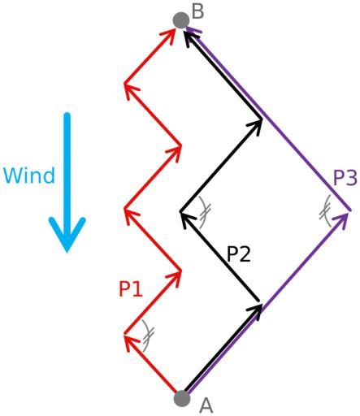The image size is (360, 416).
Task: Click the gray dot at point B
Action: (x=181, y=20)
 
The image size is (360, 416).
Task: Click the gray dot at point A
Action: (x=182, y=398)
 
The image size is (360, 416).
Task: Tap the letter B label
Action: (x=197, y=12)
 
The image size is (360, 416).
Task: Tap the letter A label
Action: (x=206, y=405)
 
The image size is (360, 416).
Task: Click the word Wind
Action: (x=29, y=175)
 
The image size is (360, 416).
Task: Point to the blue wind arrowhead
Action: (x=67, y=234)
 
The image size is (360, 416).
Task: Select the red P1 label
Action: (x=131, y=289)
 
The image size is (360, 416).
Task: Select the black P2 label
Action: (x=239, y=254)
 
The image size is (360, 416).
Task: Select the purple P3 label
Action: (x=345, y=177)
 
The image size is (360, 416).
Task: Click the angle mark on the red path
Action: (x=148, y=336)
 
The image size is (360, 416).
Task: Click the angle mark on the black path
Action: (x=204, y=213)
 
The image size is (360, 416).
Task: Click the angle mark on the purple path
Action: (x=326, y=211)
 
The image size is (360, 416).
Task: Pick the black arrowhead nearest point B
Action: (x=190, y=39)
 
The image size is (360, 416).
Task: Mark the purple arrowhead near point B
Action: (x=193, y=30)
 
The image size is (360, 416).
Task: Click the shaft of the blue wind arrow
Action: (x=67, y=173)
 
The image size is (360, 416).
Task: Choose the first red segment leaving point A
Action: (x=152, y=365)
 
